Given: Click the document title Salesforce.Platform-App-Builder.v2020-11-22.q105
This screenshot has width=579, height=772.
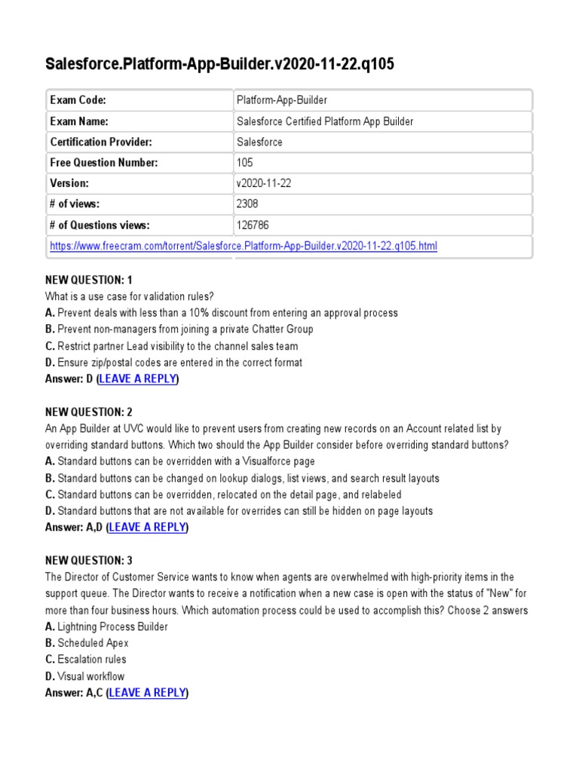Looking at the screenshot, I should (x=220, y=66).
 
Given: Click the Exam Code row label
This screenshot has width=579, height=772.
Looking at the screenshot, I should (x=78, y=100).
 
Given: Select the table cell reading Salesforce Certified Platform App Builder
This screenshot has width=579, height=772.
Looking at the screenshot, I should (x=325, y=121).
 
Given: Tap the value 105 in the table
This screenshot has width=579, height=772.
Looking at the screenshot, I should (x=245, y=162).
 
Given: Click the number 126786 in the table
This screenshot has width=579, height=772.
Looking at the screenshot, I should (x=253, y=225).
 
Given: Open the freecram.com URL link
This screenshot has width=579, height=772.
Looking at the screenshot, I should (x=243, y=246).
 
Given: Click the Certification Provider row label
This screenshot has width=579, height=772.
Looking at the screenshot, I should (x=101, y=142).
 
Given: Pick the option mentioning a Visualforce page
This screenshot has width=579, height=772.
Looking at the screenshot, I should (x=185, y=461).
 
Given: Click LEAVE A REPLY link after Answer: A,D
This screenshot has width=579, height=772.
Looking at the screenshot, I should (x=148, y=527).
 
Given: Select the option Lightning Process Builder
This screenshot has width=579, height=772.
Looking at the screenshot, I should (x=112, y=626).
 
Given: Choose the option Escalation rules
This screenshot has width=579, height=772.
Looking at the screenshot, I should (x=91, y=659).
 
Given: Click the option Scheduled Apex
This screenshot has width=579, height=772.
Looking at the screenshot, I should (x=93, y=643).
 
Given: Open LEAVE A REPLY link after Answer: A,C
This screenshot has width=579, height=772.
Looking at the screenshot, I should (x=148, y=692).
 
